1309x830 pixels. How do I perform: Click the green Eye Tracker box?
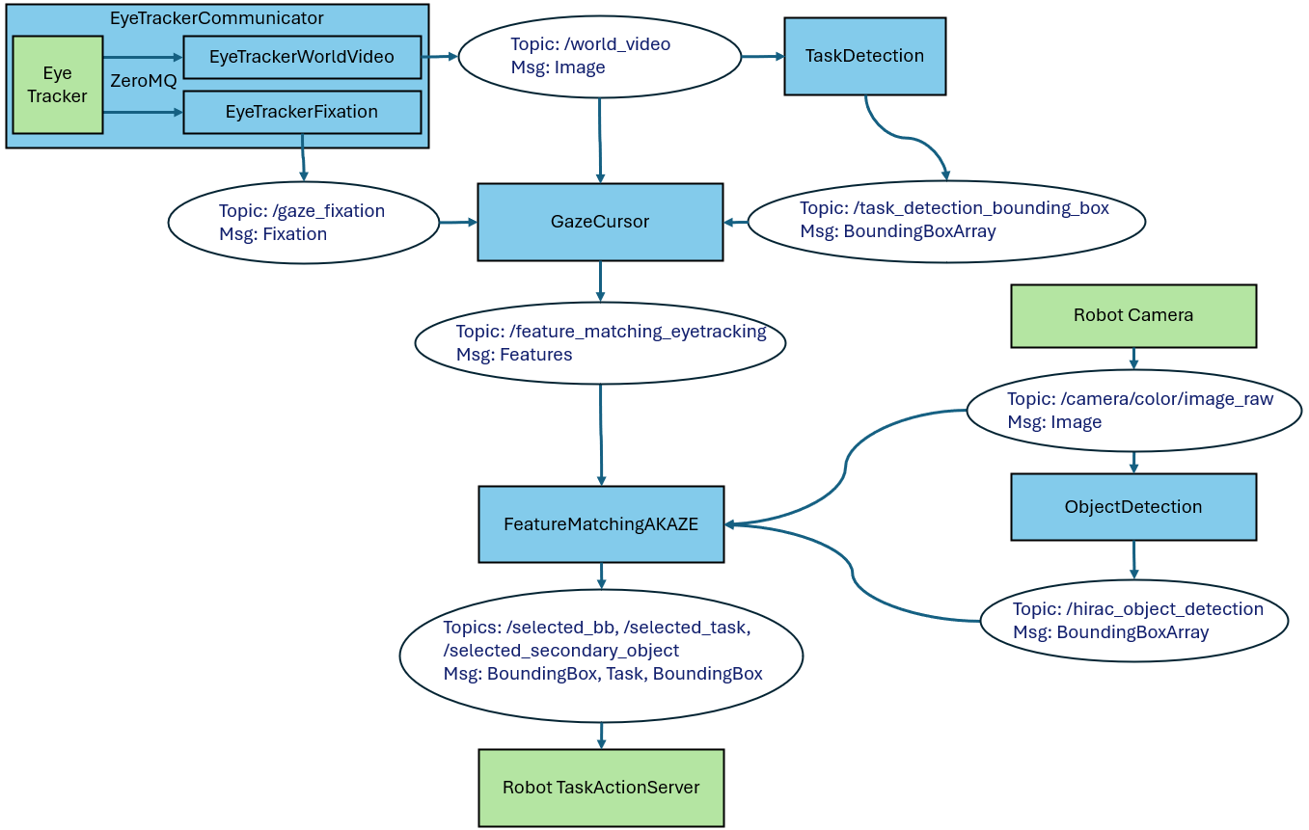pyautogui.click(x=57, y=85)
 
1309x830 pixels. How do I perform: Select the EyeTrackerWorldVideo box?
pyautogui.click(x=301, y=57)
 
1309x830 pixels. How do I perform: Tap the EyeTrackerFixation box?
pyautogui.click(x=301, y=112)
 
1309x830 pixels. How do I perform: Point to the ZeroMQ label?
pyautogui.click(x=144, y=81)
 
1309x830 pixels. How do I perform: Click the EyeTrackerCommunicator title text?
pyautogui.click(x=216, y=18)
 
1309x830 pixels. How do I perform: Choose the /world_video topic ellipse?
pyautogui.click(x=599, y=56)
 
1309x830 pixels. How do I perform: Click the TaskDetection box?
pyautogui.click(x=864, y=56)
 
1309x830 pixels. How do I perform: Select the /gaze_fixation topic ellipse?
pyautogui.click(x=303, y=223)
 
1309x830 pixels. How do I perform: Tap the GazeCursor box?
pyautogui.click(x=599, y=222)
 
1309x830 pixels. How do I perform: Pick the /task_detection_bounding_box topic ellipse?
pyautogui.click(x=945, y=221)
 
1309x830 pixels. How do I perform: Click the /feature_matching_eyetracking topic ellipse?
pyautogui.click(x=600, y=342)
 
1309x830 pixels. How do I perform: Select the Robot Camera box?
pyautogui.click(x=1132, y=315)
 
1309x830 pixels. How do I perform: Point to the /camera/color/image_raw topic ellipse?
pyautogui.click(x=1133, y=412)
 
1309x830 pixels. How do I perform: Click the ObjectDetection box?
pyautogui.click(x=1132, y=506)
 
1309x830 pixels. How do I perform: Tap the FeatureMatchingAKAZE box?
pyautogui.click(x=600, y=524)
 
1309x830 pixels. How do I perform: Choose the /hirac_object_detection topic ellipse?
pyautogui.click(x=1133, y=620)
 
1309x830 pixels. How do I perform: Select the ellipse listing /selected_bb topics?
pyautogui.click(x=600, y=655)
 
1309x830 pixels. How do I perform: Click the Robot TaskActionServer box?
pyautogui.click(x=600, y=788)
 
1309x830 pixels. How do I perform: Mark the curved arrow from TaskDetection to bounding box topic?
pyautogui.click(x=907, y=138)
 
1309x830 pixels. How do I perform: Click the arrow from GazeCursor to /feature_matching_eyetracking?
pyautogui.click(x=600, y=281)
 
